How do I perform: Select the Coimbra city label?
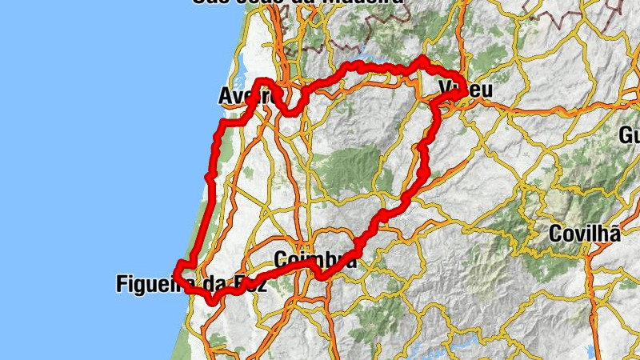click(x=314, y=260)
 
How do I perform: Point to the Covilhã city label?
click(x=585, y=234)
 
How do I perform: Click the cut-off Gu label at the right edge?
click(x=630, y=134)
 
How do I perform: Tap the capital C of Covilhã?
click(x=556, y=234)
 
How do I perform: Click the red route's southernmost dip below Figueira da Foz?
click(x=212, y=301)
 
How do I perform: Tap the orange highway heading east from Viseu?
click(x=544, y=108)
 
